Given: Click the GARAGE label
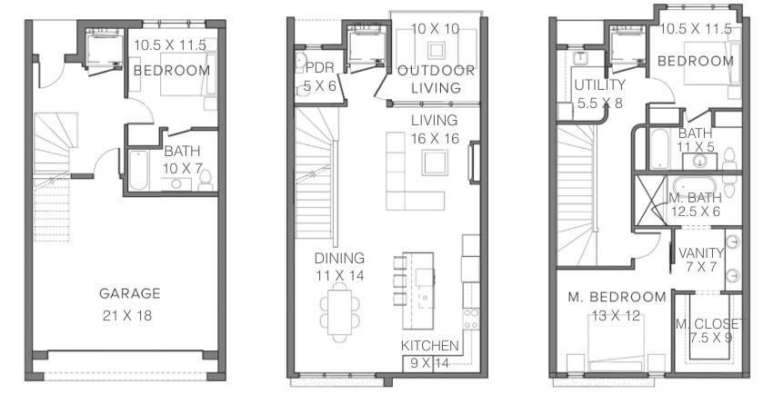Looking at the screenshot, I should [130, 293].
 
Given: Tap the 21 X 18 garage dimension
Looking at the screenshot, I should [130, 315].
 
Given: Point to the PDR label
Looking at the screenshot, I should [319, 68].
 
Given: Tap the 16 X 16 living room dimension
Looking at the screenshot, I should [434, 139].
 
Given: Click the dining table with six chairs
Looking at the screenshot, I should [337, 308].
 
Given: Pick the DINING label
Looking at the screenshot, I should [340, 258].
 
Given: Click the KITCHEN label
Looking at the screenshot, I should [430, 346].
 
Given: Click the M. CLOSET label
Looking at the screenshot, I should [708, 324].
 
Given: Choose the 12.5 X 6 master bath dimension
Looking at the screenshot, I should [696, 211].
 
